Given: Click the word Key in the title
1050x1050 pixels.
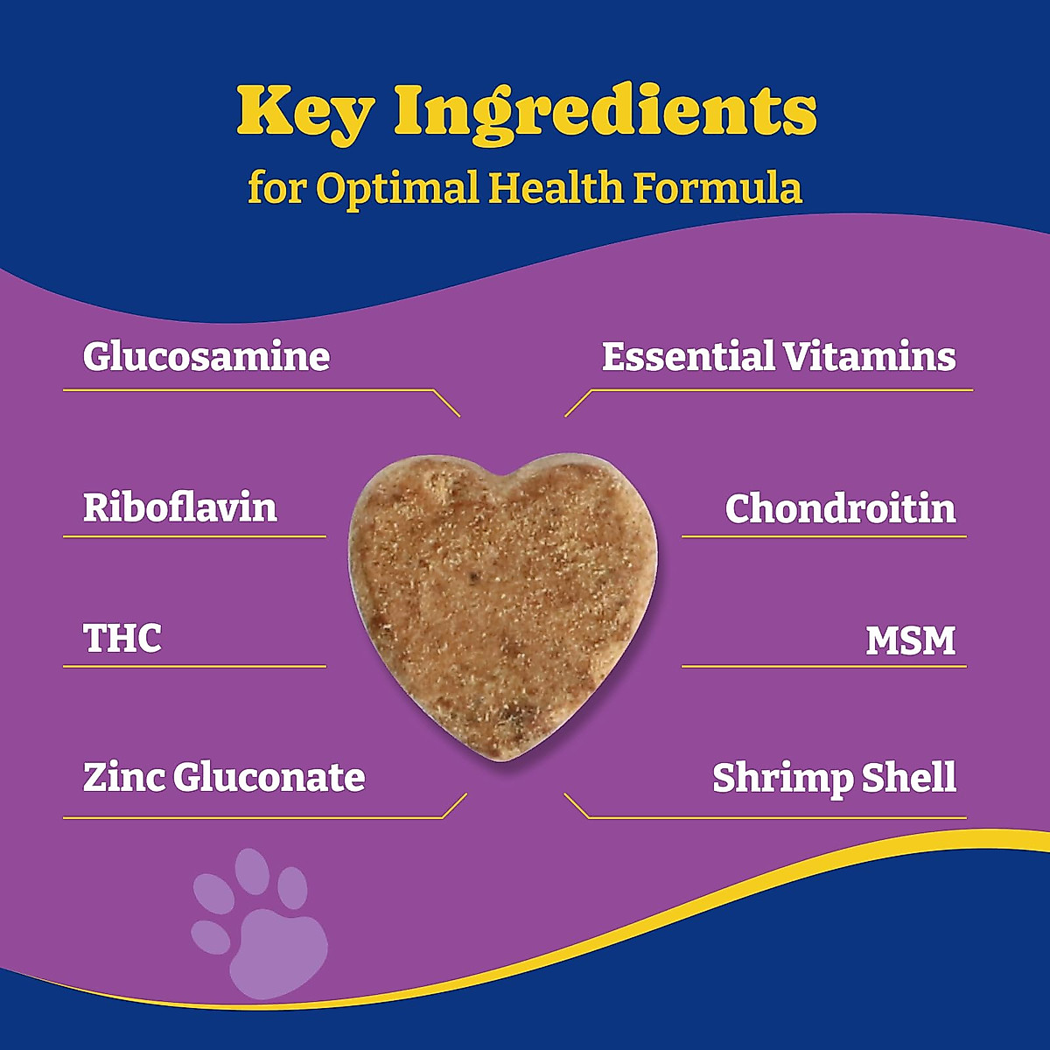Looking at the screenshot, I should [x=305, y=111].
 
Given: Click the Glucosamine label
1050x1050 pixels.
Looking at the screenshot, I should [x=206, y=357].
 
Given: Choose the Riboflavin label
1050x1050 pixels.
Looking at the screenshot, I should [x=180, y=507].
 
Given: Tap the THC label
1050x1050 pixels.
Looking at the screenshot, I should [x=122, y=639].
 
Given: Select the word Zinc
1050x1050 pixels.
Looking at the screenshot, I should [x=123, y=777].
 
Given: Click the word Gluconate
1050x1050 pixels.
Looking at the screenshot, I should [x=269, y=778].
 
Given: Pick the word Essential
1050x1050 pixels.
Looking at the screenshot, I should [x=688, y=357].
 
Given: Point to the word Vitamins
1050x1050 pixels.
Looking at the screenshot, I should [x=869, y=357].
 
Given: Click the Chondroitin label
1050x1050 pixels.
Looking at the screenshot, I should [x=840, y=508].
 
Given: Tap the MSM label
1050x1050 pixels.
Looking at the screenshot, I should [x=910, y=640].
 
